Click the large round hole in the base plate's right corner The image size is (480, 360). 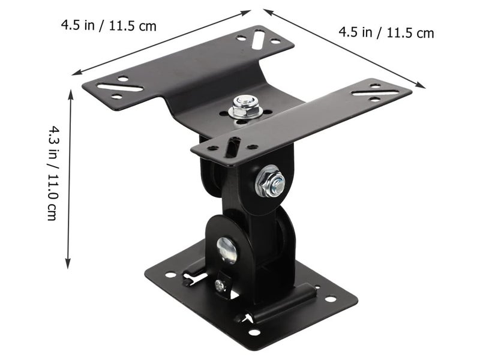(331, 298)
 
